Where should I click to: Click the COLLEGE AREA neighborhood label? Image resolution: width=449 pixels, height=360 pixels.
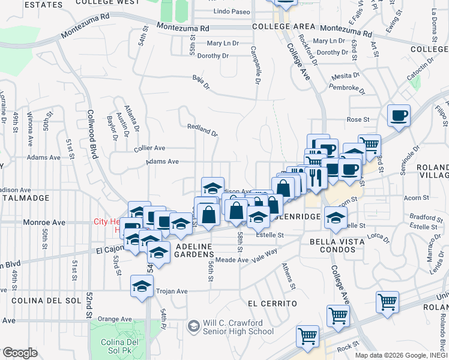pos(284,27)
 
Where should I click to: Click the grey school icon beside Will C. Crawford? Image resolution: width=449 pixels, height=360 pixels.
pos(193,326)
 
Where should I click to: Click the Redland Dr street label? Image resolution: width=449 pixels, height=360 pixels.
pos(202,129)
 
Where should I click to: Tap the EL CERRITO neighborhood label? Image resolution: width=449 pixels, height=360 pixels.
pos(272,304)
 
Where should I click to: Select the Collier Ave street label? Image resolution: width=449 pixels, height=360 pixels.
pos(150,148)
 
